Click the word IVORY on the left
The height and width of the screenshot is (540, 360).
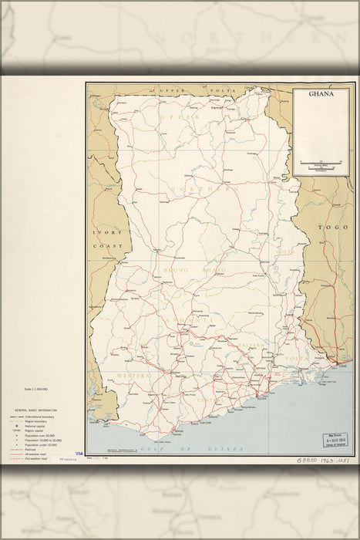point(103,232)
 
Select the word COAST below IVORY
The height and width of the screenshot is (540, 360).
point(103,245)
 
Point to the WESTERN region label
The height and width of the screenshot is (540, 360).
point(133,375)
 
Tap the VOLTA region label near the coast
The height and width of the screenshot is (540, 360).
point(298,358)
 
